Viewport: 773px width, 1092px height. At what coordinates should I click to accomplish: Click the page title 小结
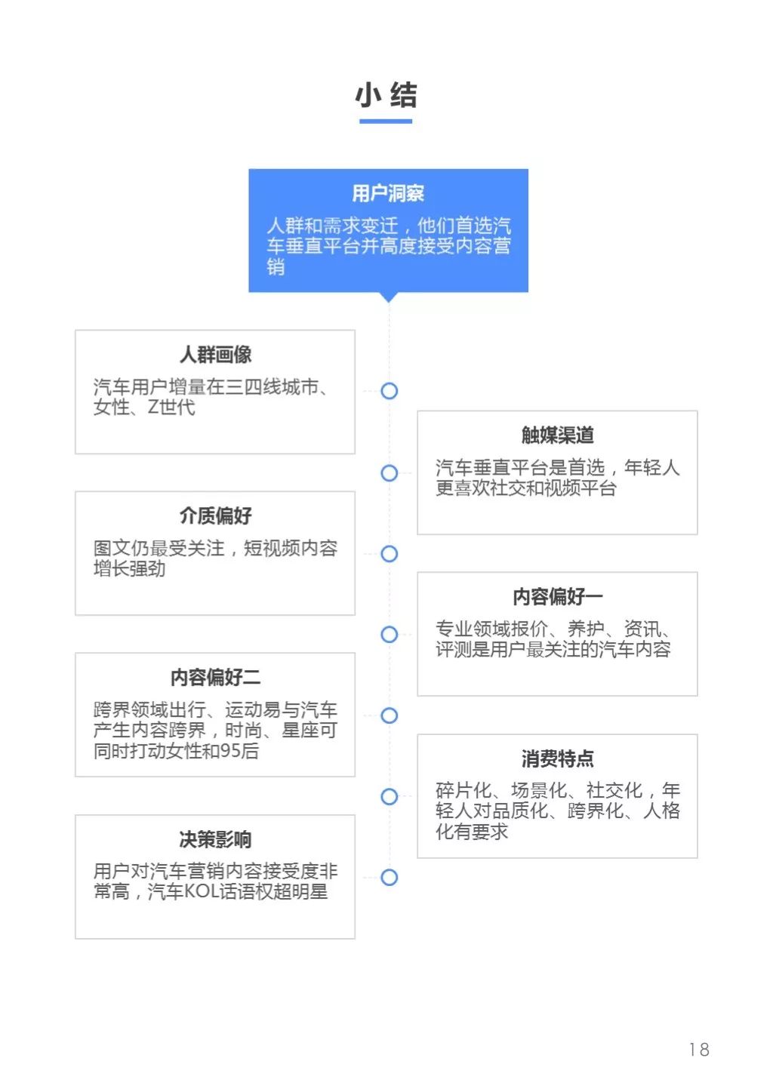click(x=386, y=95)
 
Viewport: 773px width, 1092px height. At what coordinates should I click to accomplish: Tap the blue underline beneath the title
click(x=386, y=121)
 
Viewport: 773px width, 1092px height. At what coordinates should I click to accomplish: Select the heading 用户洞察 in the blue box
click(x=388, y=193)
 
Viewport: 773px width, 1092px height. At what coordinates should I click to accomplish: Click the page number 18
click(x=699, y=1049)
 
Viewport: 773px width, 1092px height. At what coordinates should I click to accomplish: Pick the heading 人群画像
click(x=215, y=355)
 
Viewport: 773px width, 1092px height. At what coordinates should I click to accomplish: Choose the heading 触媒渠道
click(x=557, y=435)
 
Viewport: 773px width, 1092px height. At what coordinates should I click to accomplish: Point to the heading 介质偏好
click(x=215, y=515)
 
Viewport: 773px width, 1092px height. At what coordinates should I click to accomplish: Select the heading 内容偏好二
click(x=215, y=677)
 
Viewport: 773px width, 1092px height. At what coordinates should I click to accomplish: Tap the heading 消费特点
click(x=557, y=758)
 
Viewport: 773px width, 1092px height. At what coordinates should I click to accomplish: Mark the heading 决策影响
click(x=215, y=839)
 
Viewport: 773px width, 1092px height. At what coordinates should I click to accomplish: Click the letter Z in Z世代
click(x=152, y=407)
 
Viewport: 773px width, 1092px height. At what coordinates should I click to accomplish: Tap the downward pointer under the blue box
click(x=389, y=297)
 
